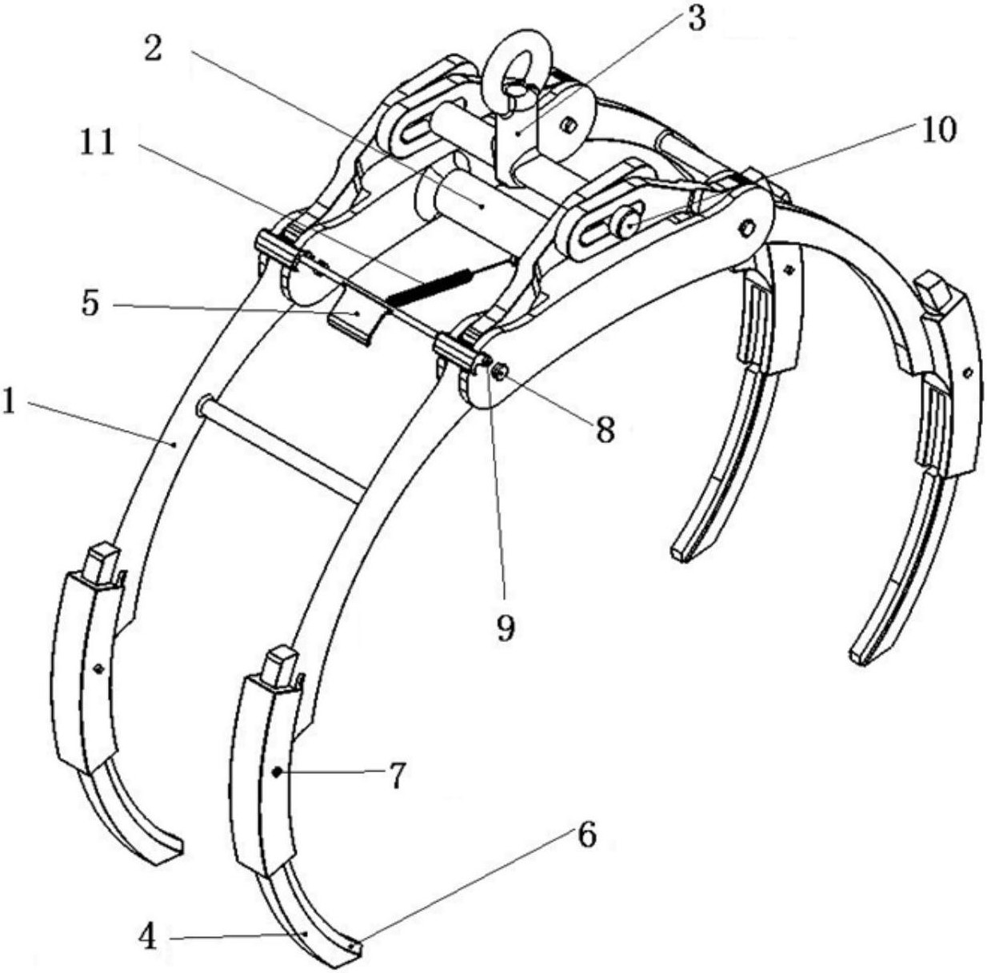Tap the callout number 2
pyautogui.click(x=153, y=50)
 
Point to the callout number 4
pyautogui.click(x=148, y=939)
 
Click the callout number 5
pyautogui.click(x=90, y=304)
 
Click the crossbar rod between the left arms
pyautogui.click(x=281, y=447)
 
